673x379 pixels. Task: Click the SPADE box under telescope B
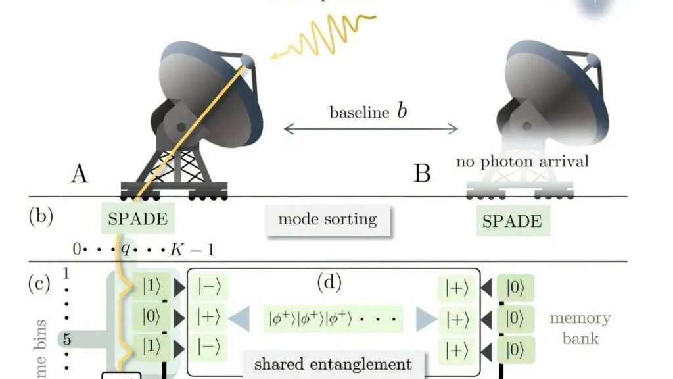tap(513, 222)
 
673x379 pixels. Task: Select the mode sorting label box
tap(328, 219)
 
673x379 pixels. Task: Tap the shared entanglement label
tap(333, 364)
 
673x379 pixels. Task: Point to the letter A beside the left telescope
tap(80, 174)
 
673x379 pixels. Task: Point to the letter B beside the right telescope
tap(422, 174)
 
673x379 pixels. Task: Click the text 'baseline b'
tap(368, 111)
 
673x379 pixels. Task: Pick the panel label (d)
tap(329, 282)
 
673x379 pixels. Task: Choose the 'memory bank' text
tap(580, 328)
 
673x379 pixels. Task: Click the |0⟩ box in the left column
tap(151, 317)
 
